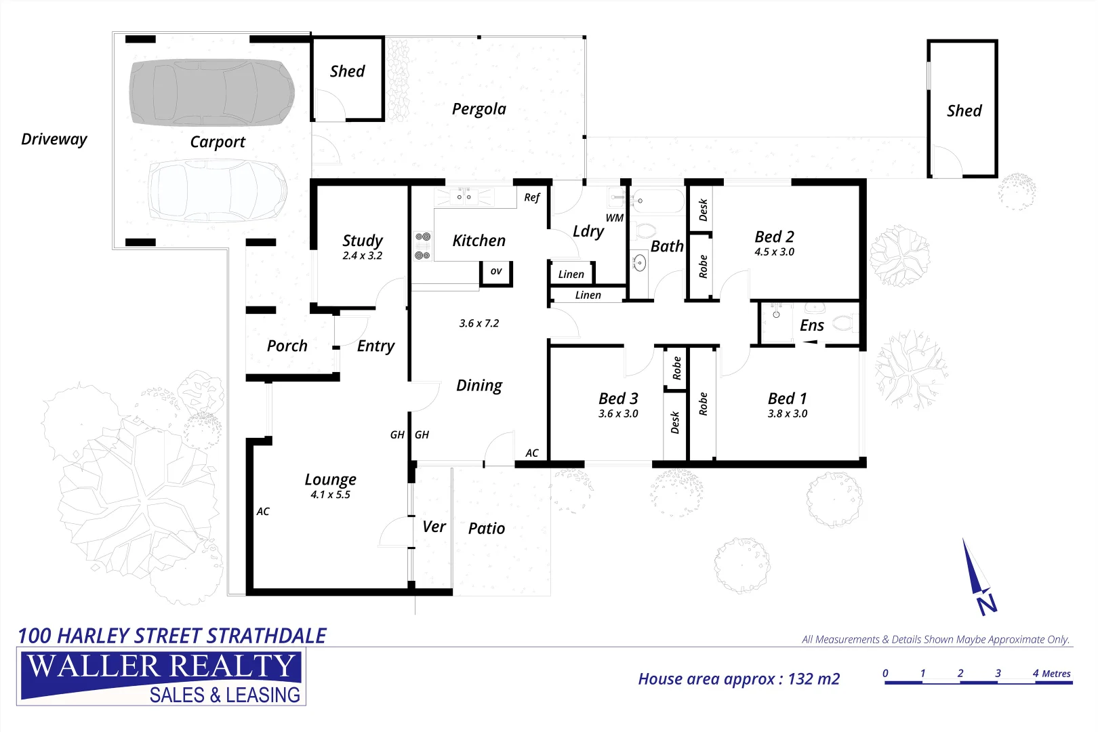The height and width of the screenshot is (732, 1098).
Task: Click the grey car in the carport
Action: click(211, 92)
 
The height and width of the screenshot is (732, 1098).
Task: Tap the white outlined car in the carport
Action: click(217, 190)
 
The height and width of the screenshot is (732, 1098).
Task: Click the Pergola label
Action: click(479, 109)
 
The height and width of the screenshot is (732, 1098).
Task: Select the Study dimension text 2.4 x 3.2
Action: click(362, 256)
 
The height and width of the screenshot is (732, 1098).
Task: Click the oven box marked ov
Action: click(496, 271)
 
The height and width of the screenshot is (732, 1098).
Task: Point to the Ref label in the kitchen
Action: click(531, 197)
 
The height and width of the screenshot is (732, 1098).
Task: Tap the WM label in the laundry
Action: click(614, 218)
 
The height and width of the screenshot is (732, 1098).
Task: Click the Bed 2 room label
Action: click(774, 237)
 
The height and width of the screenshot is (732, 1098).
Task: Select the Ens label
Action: click(811, 325)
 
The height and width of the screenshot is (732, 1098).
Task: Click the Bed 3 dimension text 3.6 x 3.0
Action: click(618, 413)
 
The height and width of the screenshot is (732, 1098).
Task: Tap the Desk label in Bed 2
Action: click(703, 209)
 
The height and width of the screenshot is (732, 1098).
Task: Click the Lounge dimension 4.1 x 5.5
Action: click(330, 495)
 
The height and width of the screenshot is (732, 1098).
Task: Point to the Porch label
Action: click(287, 346)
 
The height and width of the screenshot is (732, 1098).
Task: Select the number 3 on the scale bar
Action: click(998, 673)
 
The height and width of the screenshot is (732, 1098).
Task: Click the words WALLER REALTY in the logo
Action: click(161, 667)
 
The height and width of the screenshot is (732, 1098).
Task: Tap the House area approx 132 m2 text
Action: click(739, 679)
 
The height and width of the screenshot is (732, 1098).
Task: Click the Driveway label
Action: click(54, 139)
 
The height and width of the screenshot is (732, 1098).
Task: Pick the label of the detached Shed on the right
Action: click(964, 110)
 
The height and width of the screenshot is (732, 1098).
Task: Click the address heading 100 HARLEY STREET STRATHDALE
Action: click(172, 636)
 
